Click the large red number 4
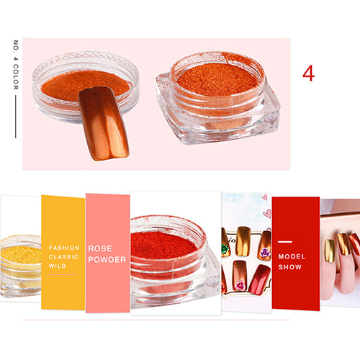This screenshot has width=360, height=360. coord(308,73)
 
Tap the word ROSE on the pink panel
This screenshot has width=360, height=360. coord(100,248)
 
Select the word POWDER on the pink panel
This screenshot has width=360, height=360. coord(107,259)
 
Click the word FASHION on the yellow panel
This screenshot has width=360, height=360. coord(64,248)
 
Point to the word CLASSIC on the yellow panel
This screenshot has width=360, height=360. coord(63,257)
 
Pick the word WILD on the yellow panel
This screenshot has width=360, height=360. coord(58,266)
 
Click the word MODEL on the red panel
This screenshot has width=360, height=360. coord(292,256)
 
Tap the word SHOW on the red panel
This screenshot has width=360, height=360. coord(290,267)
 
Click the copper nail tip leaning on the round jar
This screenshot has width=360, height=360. coord(104,123)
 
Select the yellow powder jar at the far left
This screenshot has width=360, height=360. coord(20,265)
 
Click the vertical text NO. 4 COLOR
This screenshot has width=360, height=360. coord(16,65)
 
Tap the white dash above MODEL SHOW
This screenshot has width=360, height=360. coord(285,242)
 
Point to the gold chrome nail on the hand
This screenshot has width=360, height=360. coord(330,251)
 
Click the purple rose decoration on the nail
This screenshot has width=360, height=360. coord(265,253)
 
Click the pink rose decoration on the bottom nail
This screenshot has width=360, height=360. coord(240,285)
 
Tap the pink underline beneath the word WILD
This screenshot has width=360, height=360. coord(62,274)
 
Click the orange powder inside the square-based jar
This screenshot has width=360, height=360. coord(217,78)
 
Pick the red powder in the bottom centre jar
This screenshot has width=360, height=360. coord(163,245)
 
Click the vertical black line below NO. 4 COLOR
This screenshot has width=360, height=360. coord(16,117)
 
